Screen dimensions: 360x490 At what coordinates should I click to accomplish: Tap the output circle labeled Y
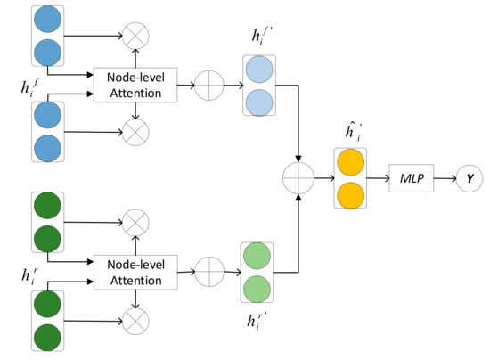[x=468, y=179]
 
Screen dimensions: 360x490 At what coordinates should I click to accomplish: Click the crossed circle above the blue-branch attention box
[x=136, y=37]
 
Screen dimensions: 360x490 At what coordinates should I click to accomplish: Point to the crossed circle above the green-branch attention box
[x=136, y=220]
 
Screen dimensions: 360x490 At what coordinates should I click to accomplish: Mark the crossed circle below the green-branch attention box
[x=136, y=318]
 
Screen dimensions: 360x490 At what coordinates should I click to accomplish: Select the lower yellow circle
[x=350, y=194]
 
